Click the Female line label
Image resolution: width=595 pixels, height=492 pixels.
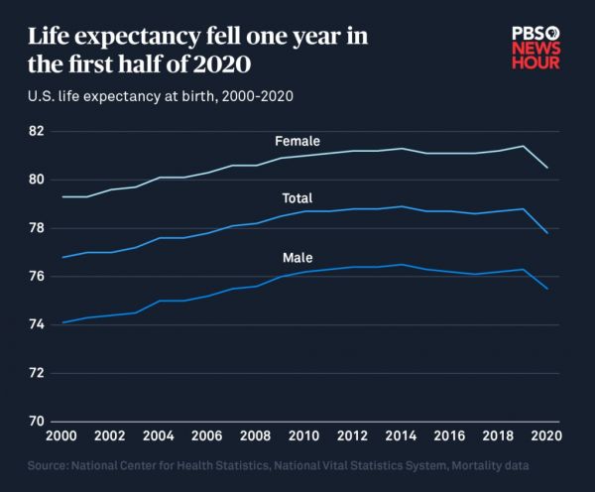pyautogui.click(x=297, y=142)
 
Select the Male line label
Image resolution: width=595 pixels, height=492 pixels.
pyautogui.click(x=297, y=258)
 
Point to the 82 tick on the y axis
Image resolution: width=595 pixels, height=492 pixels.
pyautogui.click(x=37, y=131)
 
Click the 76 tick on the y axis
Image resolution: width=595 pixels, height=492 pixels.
pyautogui.click(x=37, y=276)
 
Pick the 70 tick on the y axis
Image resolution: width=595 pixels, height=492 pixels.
pyautogui.click(x=37, y=422)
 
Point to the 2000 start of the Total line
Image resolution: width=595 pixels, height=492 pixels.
pyautogui.click(x=63, y=257)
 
